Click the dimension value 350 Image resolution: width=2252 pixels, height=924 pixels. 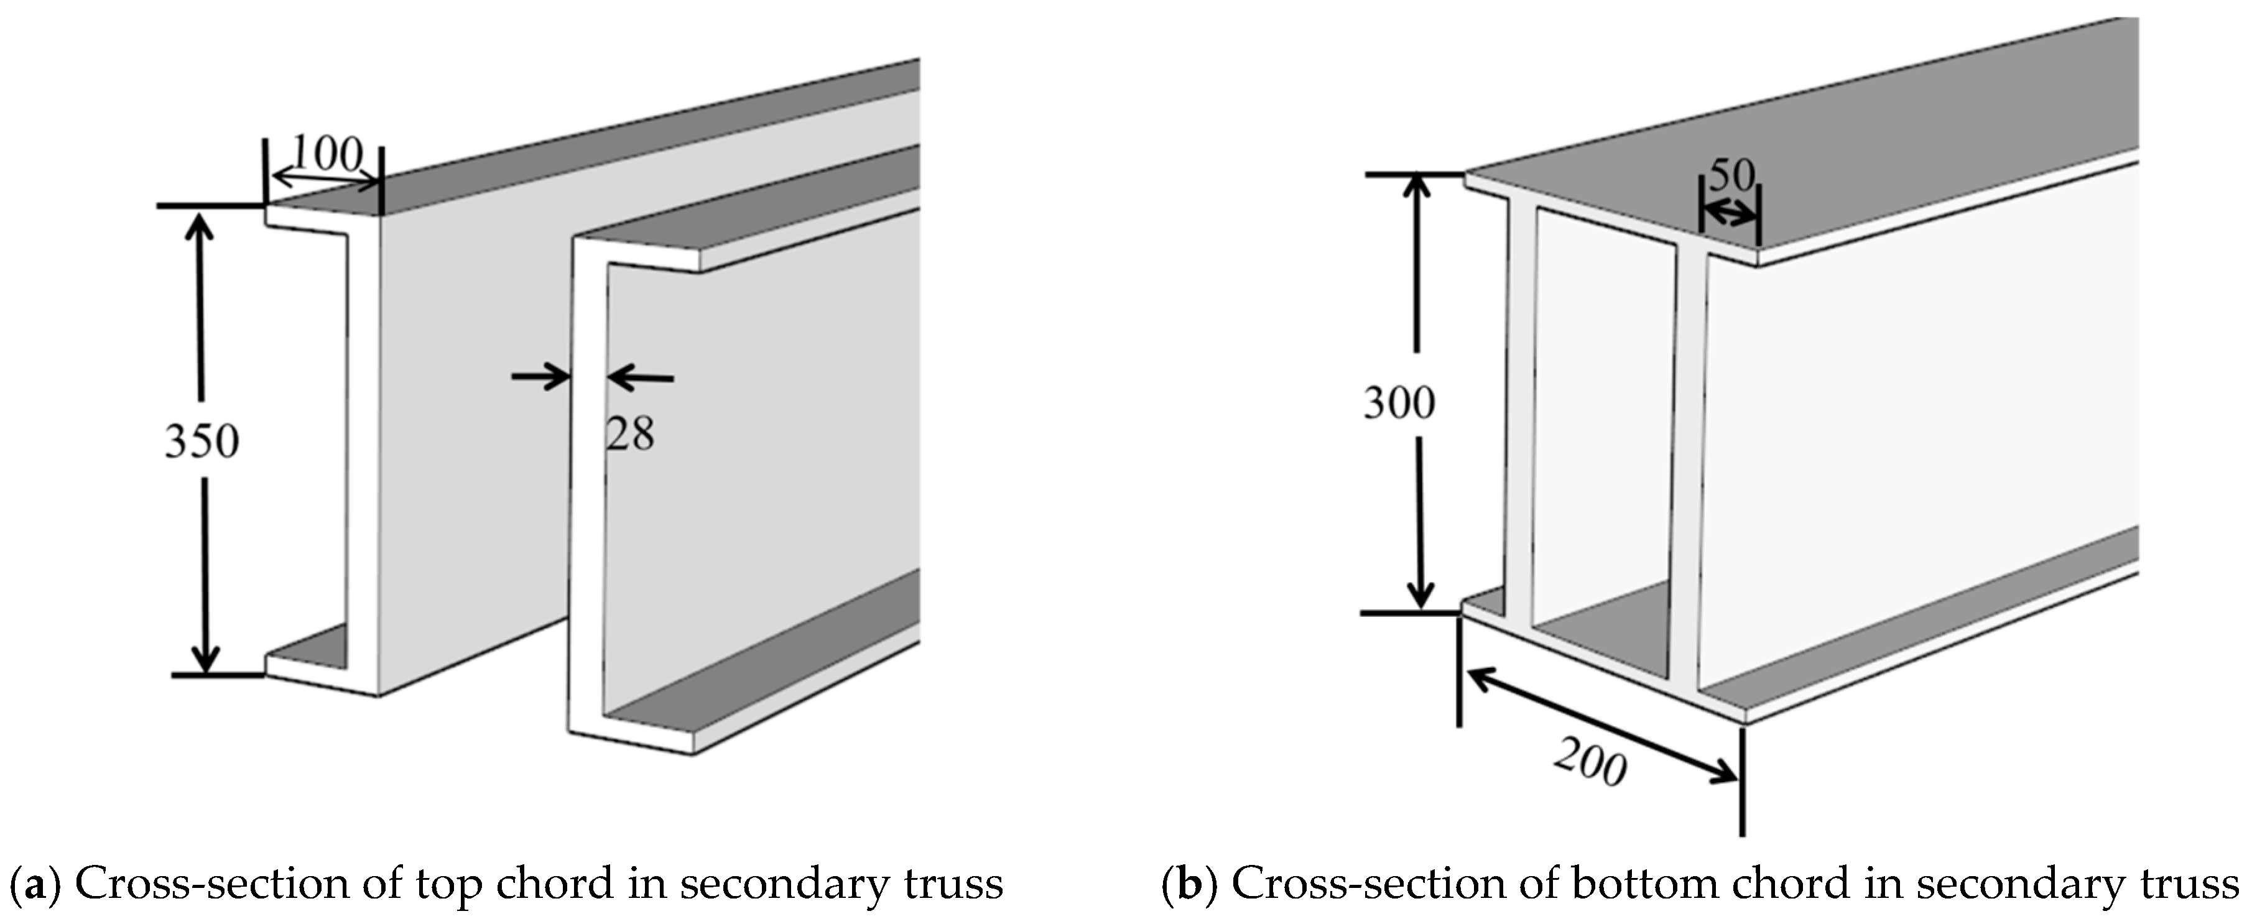202,441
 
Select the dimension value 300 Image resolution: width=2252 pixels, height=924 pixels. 1399,403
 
